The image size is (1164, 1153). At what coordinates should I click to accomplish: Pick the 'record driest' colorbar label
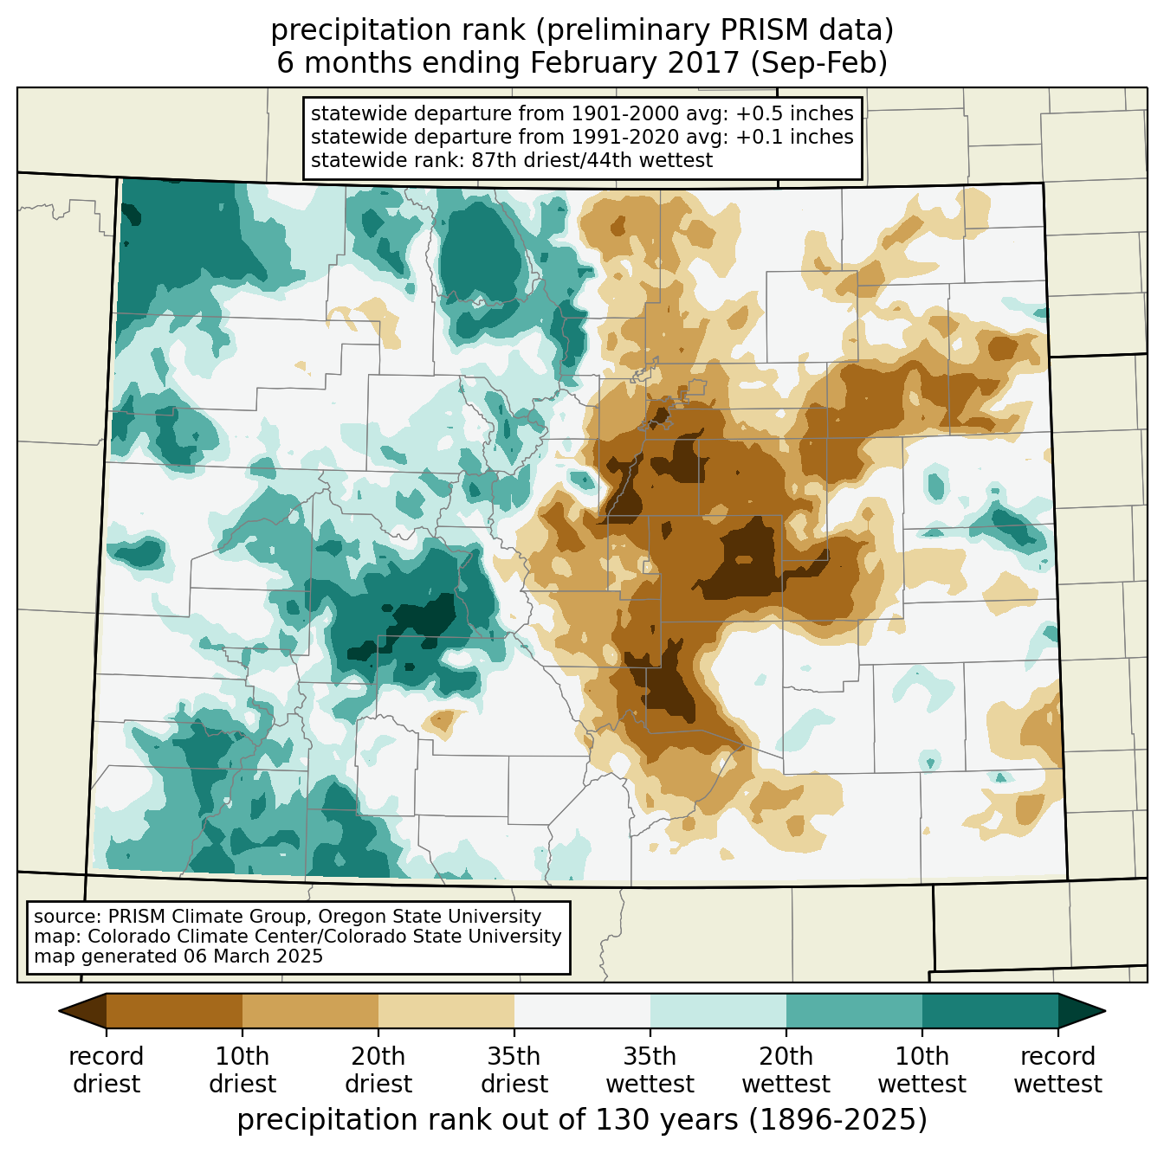[x=107, y=1070]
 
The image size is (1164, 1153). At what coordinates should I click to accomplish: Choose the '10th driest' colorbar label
[x=242, y=1070]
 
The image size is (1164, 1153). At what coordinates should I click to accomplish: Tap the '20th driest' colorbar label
[x=378, y=1070]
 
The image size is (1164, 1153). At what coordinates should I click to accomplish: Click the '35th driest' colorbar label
[x=514, y=1070]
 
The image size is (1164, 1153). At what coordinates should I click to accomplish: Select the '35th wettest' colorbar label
[x=650, y=1070]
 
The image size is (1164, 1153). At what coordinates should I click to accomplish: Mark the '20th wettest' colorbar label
[x=786, y=1070]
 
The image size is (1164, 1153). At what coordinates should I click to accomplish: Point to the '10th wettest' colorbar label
[x=922, y=1070]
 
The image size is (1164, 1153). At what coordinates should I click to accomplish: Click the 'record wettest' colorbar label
[x=1058, y=1070]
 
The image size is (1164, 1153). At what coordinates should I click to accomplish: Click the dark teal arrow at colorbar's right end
[x=1081, y=1010]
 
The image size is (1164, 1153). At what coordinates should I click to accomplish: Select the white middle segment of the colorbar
[x=582, y=1010]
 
